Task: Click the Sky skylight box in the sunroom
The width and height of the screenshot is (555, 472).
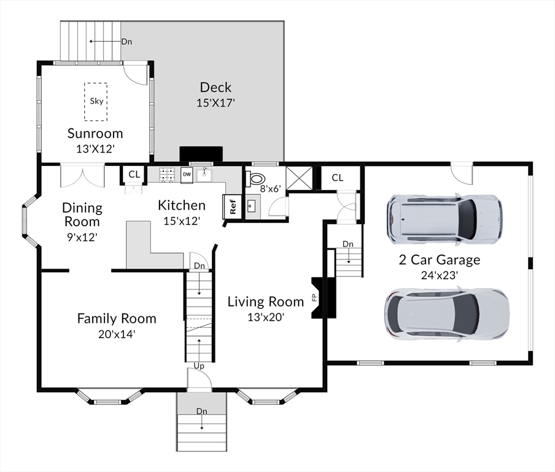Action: [96, 101]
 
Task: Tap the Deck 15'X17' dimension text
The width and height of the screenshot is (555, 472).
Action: [216, 103]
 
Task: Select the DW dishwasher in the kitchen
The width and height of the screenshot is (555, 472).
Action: [187, 175]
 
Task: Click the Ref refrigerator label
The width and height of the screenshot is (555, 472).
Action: [233, 206]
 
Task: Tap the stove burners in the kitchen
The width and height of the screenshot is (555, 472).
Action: [167, 175]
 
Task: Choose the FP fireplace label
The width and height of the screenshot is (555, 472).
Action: [314, 297]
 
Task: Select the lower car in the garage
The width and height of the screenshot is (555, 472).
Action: [447, 314]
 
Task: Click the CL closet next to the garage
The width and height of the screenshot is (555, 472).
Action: [337, 178]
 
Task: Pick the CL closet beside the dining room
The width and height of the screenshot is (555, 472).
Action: [134, 175]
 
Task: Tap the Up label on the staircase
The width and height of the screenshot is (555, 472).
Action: [199, 366]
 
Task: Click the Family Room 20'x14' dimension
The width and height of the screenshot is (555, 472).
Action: [117, 334]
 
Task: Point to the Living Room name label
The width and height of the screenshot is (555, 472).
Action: [266, 302]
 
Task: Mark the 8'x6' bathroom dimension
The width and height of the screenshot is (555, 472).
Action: [270, 189]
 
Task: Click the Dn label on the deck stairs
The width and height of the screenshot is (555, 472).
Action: [126, 41]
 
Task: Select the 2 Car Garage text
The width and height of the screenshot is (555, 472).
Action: [440, 260]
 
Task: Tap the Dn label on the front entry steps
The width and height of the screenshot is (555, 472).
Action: [202, 411]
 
